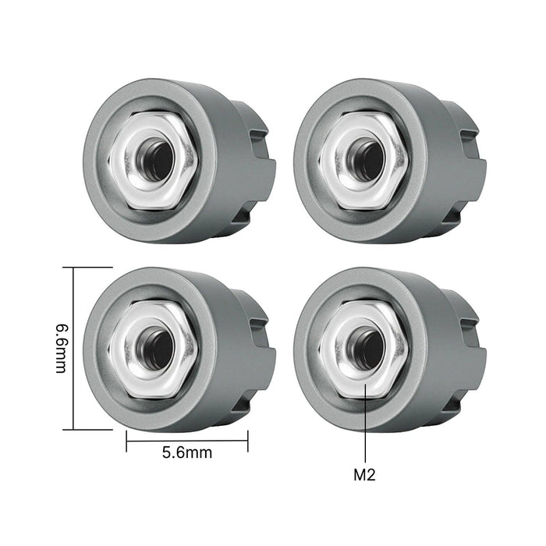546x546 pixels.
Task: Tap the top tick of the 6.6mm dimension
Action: coord(73,268)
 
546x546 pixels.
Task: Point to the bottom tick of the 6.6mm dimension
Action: coord(73,429)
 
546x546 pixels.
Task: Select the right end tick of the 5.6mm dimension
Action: coord(248,441)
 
